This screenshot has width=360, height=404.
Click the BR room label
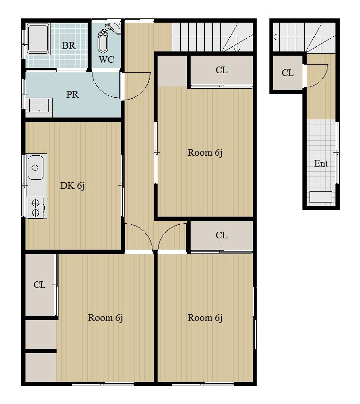69,45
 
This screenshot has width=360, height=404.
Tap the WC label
106,59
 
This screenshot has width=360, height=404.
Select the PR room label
72,94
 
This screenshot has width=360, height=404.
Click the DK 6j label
72,185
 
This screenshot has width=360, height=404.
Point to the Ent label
321,163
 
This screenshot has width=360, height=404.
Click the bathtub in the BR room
38,39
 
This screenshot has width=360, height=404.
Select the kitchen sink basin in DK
35,168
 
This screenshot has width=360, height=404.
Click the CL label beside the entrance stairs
287,73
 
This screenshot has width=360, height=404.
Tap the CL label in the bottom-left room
40,285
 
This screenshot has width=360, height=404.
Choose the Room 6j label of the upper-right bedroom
205,152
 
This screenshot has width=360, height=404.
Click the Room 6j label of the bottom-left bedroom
105,318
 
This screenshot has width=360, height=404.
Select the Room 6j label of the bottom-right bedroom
205,318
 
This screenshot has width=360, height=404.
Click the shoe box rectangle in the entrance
320,197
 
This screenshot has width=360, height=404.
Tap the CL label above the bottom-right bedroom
221,235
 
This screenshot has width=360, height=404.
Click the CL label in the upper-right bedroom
221,70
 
